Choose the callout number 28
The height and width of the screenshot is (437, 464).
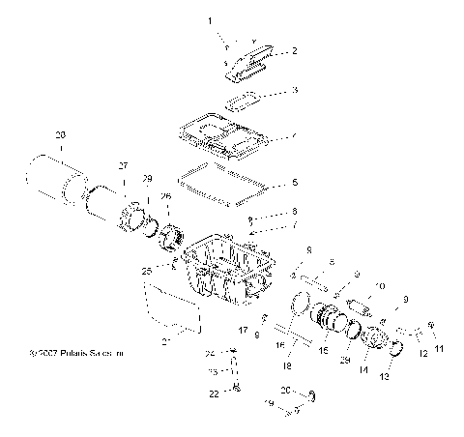tap(60, 134)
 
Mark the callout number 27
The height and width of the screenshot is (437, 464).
tap(123, 166)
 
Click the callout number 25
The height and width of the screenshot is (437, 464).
tap(146, 273)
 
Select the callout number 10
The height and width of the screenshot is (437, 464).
tap(379, 286)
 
